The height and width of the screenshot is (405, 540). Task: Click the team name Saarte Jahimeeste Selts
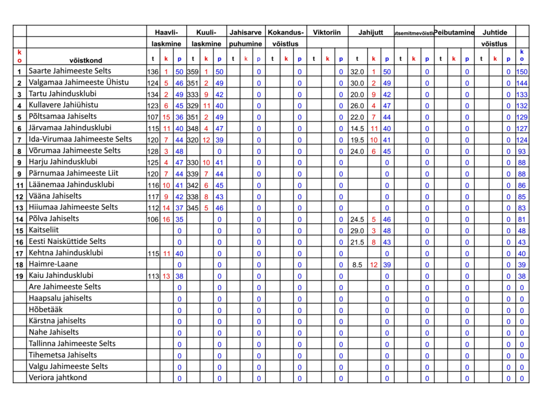(x=70, y=71)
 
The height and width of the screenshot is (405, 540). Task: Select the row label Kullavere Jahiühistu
(x=63, y=105)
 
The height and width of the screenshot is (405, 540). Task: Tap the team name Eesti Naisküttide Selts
(x=67, y=241)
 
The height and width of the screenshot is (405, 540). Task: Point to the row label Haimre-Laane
(x=53, y=264)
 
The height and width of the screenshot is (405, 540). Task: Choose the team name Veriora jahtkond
(x=58, y=378)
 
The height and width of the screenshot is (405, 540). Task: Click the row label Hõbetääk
(x=46, y=309)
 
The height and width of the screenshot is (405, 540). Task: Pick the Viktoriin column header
(x=327, y=32)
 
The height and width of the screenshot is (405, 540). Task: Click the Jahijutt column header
(x=371, y=32)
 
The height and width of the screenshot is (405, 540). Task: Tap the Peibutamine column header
(x=454, y=32)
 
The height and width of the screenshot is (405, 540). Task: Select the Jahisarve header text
(x=246, y=32)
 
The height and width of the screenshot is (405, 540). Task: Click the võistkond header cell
(x=86, y=60)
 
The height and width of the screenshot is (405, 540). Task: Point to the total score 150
(x=522, y=72)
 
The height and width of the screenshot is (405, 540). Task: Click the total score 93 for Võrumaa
(x=522, y=151)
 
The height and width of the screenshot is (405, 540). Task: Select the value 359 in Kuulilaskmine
(x=192, y=72)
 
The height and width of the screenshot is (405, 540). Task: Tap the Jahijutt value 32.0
(x=357, y=72)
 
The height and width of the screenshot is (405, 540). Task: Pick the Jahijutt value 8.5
(x=357, y=265)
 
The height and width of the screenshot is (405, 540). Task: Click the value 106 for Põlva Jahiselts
(x=153, y=219)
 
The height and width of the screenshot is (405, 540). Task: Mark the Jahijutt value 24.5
(x=357, y=219)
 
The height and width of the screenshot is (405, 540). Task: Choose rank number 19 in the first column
(x=20, y=276)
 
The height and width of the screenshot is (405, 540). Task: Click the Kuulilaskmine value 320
(x=192, y=140)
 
